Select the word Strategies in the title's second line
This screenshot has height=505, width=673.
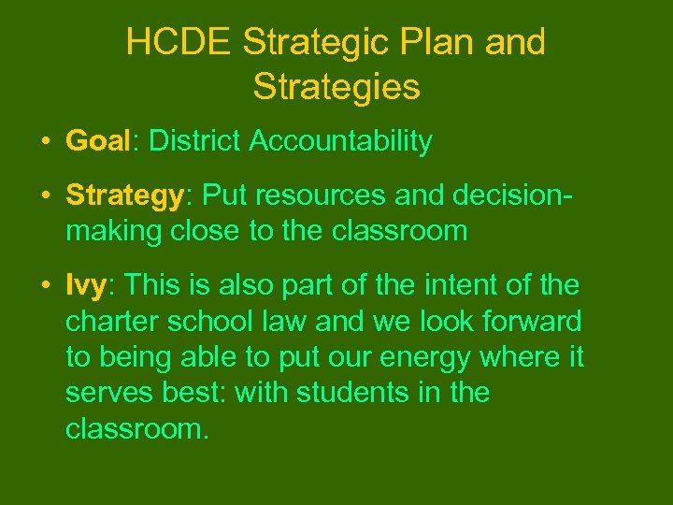coord(336,87)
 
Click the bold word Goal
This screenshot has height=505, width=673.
coord(97,141)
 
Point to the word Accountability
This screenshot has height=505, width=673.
coord(341,142)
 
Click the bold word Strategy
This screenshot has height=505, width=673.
coord(124,195)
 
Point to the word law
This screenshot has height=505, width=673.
coord(289,321)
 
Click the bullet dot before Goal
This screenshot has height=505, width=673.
coord(44,142)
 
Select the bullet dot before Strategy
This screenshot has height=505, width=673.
coord(44,195)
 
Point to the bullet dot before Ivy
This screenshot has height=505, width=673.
coord(44,285)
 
